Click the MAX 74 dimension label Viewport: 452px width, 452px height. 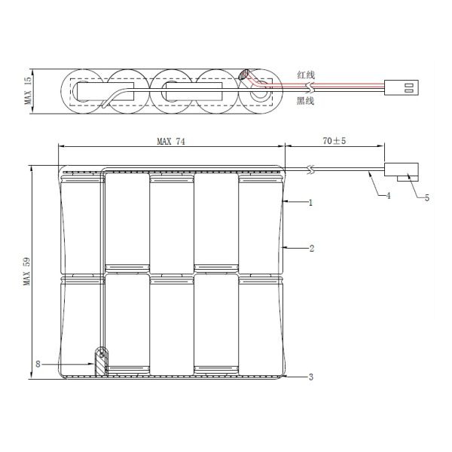pos(171,142)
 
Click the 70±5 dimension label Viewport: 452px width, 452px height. pos(334,141)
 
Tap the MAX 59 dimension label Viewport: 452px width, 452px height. pos(27,271)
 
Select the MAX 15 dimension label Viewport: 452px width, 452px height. pos(29,91)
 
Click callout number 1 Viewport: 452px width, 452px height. pos(310,203)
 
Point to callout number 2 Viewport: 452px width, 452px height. pos(312,248)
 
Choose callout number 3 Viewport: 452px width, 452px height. pos(310,377)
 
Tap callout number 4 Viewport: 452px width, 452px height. pos(388,196)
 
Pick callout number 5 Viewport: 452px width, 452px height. pos(427,197)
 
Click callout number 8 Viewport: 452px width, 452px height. pos(38,364)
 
